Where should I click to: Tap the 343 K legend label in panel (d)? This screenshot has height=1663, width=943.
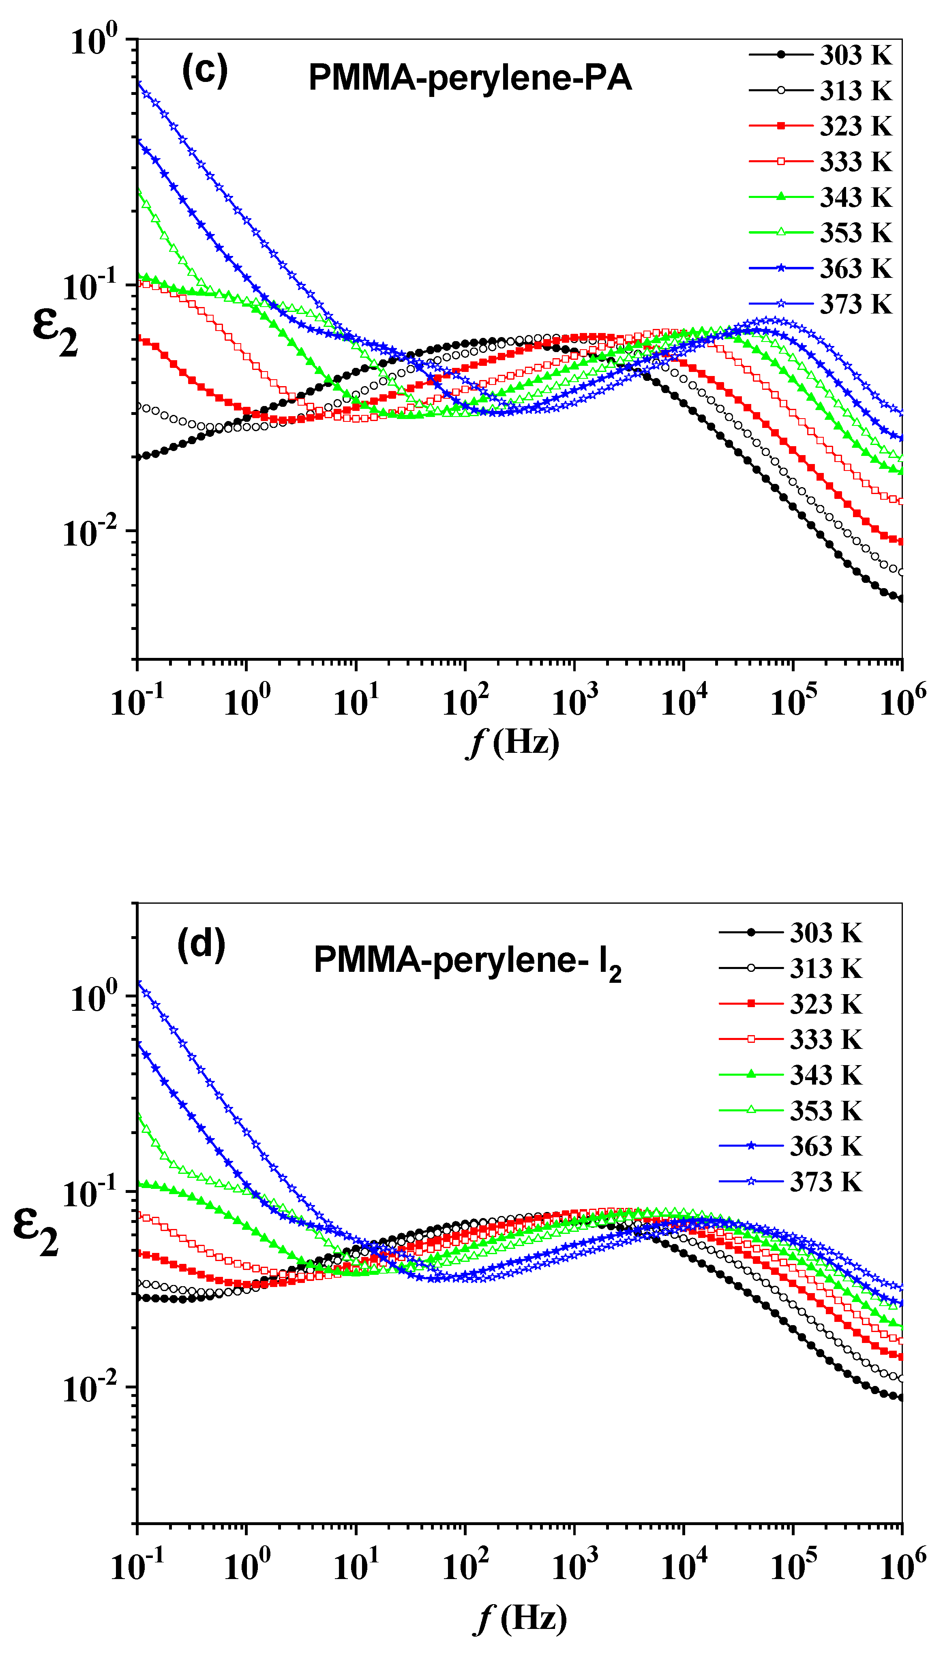[826, 1075]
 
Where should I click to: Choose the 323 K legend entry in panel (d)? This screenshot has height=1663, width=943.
[826, 1003]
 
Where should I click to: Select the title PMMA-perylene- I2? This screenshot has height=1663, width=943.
[467, 961]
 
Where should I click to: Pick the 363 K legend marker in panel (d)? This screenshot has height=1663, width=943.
[751, 1146]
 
